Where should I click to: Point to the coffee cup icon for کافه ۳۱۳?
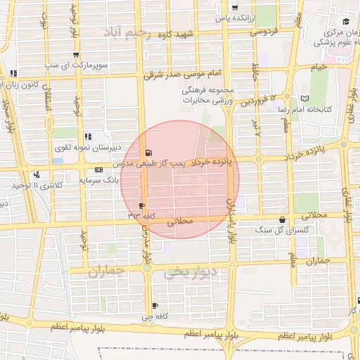click(142, 206)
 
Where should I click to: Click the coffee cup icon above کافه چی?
click(155, 305)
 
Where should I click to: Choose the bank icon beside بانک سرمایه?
click(98, 170)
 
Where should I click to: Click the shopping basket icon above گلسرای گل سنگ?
click(283, 219)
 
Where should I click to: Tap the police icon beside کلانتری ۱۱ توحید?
click(37, 174)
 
